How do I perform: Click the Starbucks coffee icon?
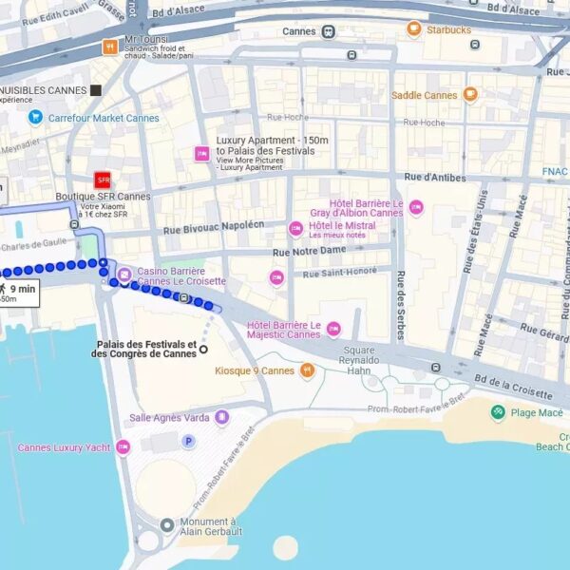[413, 29]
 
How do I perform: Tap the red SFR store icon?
[103, 180]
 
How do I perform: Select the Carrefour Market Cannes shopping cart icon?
[35, 118]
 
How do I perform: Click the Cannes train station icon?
[328, 31]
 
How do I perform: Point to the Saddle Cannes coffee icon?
[469, 95]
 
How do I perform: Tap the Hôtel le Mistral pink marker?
[295, 228]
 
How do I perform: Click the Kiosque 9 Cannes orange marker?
[307, 370]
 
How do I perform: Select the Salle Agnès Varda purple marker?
[221, 417]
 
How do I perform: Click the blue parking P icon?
[188, 441]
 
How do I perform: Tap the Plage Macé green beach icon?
[498, 412]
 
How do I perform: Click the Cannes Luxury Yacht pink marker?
[123, 447]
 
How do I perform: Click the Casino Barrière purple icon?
[123, 275]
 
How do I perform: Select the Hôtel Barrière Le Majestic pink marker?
[332, 329]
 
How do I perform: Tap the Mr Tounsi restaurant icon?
[110, 47]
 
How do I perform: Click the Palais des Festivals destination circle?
[202, 350]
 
